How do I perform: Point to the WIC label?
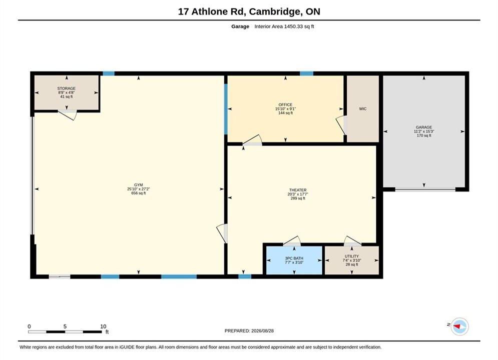(363, 109)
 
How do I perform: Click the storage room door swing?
(68, 115)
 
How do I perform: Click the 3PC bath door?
(292, 241)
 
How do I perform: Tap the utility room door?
(352, 241)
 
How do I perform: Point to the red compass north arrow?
(457, 326)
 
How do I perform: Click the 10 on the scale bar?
(103, 326)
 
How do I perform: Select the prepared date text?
(249, 331)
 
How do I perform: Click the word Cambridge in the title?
(275, 11)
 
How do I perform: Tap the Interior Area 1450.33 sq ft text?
(284, 26)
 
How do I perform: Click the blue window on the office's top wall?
(306, 73)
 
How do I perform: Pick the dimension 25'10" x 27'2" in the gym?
(139, 188)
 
